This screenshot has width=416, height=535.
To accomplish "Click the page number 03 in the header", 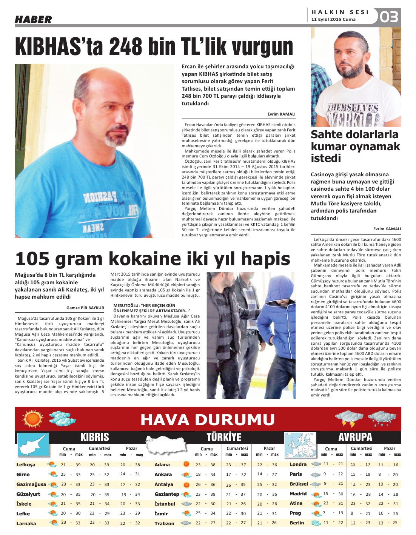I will point(389,17).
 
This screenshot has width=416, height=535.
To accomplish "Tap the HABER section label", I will point(33,20).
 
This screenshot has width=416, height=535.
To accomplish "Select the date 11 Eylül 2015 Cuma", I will point(333,20).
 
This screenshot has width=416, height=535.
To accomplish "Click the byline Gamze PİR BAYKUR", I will point(85,308).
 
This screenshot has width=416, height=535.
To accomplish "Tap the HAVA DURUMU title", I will point(207,419).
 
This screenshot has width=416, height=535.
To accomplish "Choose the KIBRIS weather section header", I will point(94,437).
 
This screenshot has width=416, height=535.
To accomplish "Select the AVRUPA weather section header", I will point(355,437).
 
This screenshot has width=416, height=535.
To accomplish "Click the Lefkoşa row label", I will point(26,465).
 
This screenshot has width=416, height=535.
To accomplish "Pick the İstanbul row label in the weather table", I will point(165,504).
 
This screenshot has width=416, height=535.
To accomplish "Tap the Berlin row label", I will point(297,523).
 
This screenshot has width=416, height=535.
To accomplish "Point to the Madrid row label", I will point(298,494).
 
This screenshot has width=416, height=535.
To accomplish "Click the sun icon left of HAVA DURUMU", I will point(32,419).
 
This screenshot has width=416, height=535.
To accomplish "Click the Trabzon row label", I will point(164,524).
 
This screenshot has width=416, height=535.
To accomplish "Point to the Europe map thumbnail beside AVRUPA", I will point(300,445).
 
